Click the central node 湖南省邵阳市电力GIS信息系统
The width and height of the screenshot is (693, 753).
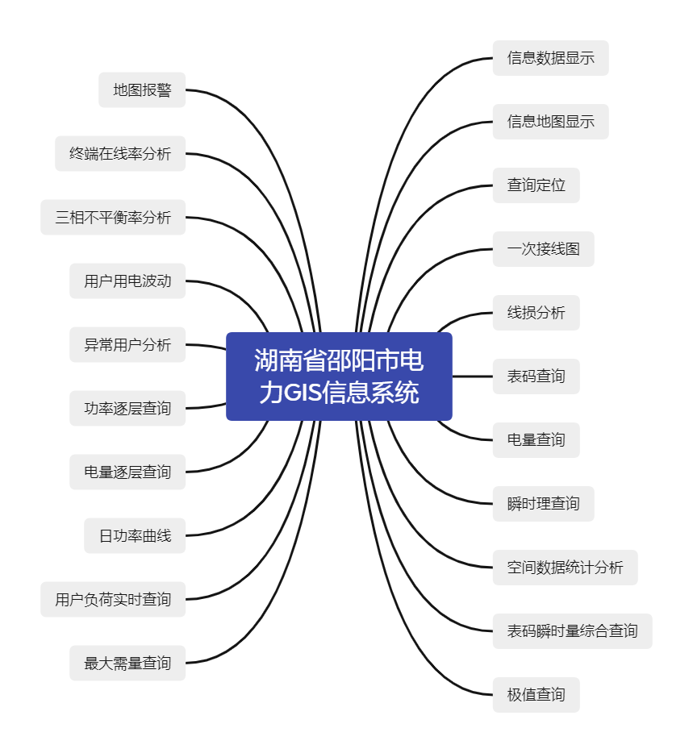tap(339, 376)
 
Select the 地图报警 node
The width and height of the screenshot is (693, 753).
tap(142, 90)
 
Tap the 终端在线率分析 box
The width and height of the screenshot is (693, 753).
tap(120, 154)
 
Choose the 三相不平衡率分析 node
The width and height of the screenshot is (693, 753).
tap(113, 218)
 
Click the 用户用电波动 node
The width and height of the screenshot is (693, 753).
tap(127, 281)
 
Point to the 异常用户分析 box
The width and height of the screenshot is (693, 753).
tap(127, 345)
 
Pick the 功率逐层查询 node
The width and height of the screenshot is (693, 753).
tap(127, 409)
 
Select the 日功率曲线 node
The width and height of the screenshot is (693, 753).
tap(135, 536)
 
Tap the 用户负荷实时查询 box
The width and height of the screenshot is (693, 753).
tap(113, 600)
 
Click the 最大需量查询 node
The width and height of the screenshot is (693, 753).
tap(127, 664)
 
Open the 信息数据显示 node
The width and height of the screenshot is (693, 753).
tap(551, 58)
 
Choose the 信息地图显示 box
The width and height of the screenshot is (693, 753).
tap(551, 122)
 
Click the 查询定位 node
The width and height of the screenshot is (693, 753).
tap(536, 185)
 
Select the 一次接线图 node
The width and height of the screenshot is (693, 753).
tap(544, 249)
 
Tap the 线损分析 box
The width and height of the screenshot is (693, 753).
tap(536, 313)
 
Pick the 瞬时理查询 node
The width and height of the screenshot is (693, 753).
tap(544, 504)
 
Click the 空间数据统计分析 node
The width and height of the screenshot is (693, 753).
tap(566, 568)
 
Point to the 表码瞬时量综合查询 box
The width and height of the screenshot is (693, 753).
tap(573, 631)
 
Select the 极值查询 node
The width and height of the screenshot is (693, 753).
tap(536, 695)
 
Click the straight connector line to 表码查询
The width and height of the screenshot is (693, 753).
tap(473, 376)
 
